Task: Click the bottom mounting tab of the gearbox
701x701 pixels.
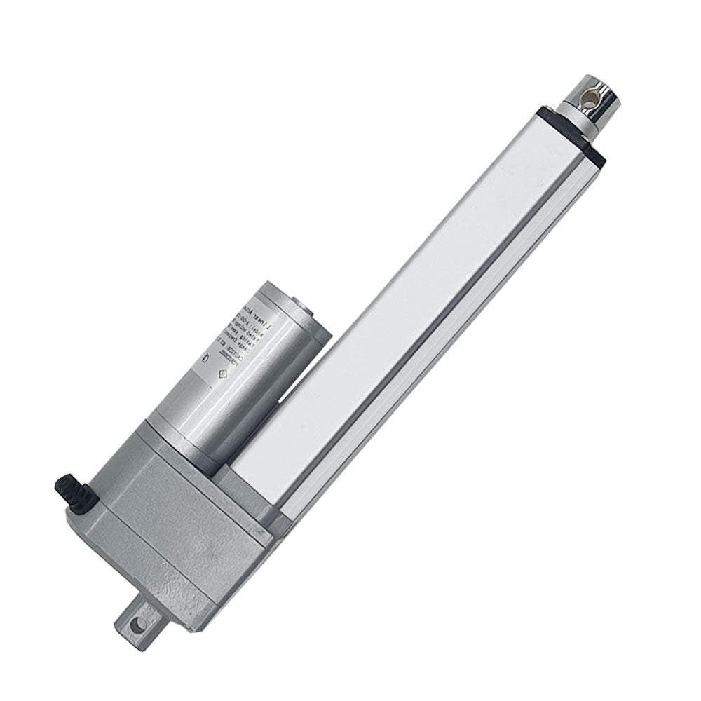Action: point(144,617)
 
